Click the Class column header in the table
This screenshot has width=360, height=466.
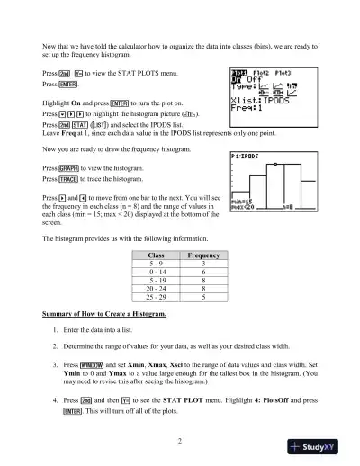155,255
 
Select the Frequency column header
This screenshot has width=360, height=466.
203,255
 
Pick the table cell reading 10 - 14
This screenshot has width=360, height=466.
155,271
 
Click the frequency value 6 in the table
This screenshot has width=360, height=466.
203,271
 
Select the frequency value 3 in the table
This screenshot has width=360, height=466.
203,264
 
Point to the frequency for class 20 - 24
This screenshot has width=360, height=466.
203,287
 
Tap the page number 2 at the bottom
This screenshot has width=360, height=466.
180,441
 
